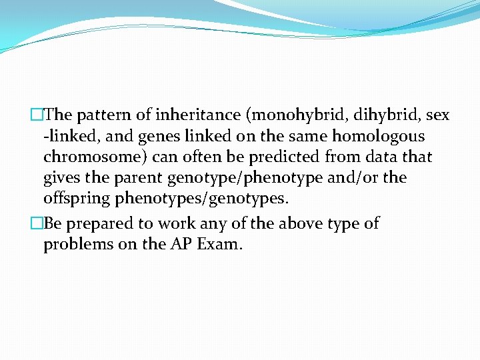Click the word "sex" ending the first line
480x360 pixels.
coord(438,116)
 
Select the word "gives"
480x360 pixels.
coord(63,178)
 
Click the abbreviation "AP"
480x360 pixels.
coord(178,245)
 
